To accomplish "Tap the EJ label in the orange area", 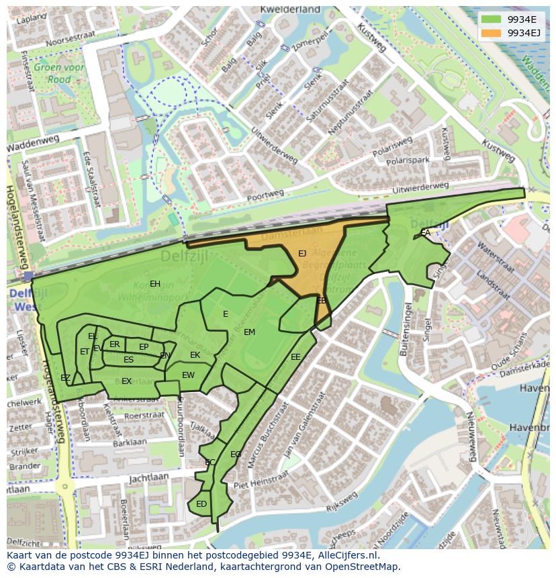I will click(302, 253).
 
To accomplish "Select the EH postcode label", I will click(155, 284).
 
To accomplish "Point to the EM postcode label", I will click(249, 332).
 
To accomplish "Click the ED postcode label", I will click(201, 504).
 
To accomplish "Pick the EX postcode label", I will click(126, 381).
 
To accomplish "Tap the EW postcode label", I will click(188, 375).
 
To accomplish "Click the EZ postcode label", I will click(65, 378).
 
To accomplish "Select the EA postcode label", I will click(426, 233).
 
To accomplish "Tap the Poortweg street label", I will click(265, 193).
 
